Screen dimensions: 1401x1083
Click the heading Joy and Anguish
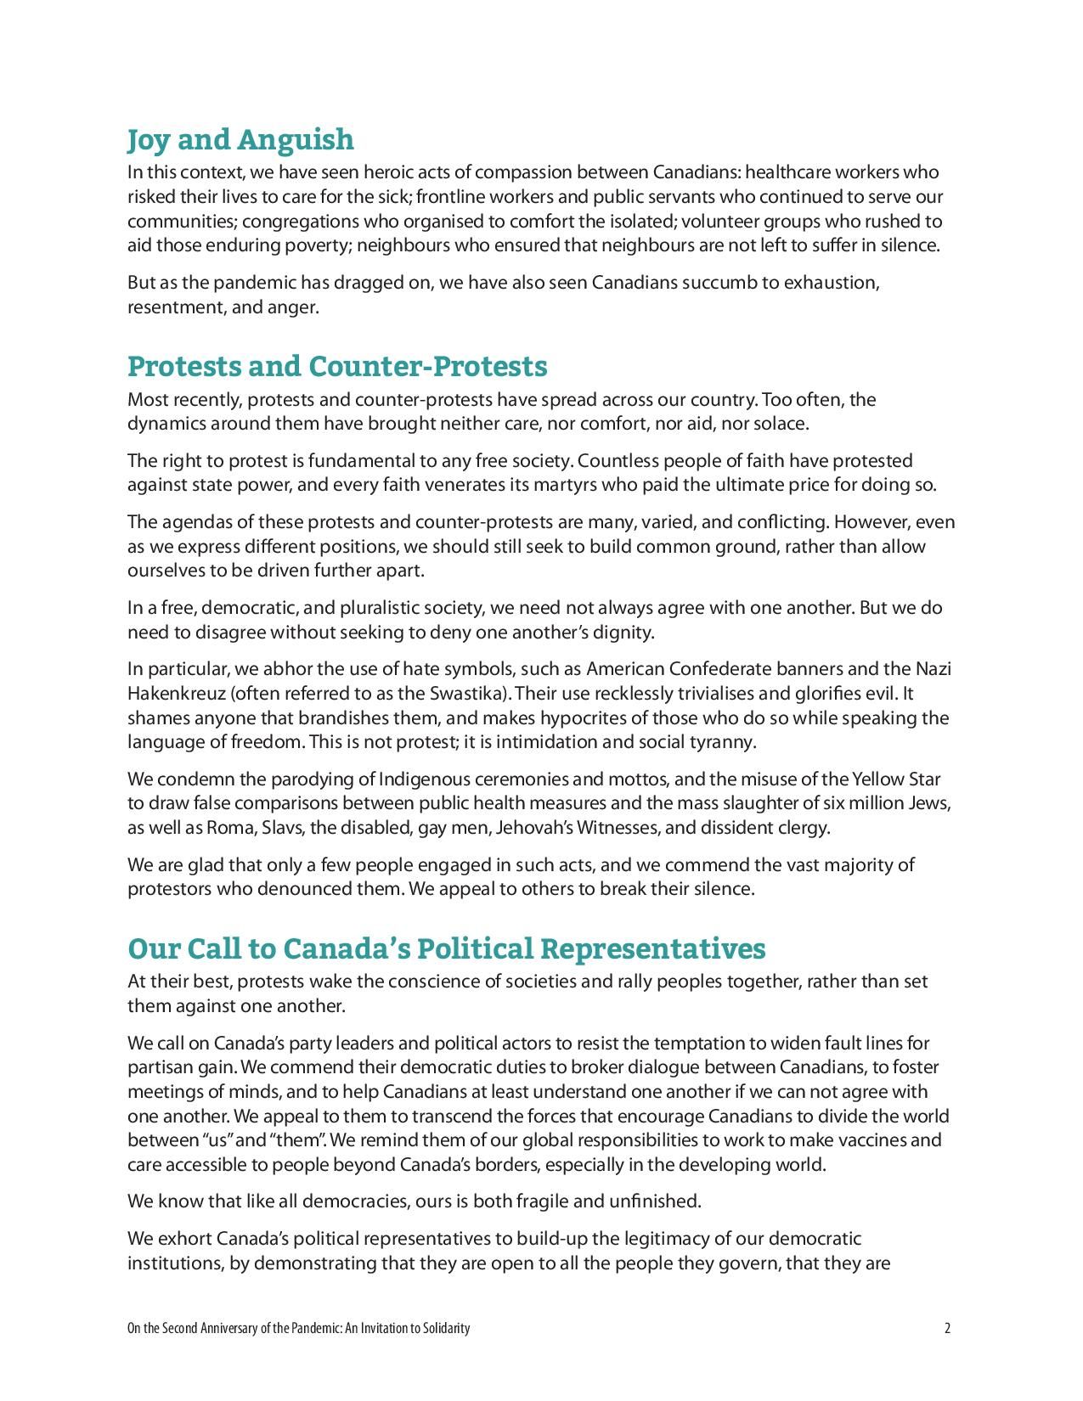tap(240, 139)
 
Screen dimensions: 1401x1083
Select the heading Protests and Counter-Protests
tap(337, 366)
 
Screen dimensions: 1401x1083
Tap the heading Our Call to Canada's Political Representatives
tap(446, 948)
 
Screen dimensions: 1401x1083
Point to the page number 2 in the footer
tap(947, 1328)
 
